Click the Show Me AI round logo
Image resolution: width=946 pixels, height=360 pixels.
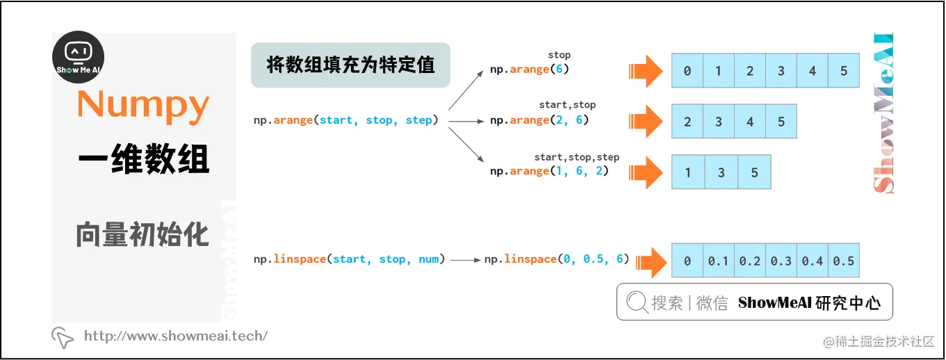79,57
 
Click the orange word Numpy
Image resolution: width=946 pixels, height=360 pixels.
143,105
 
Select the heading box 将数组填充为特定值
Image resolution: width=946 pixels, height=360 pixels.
350,65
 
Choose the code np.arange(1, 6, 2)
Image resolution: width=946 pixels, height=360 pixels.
549,171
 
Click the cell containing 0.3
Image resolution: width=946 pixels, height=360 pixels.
781,261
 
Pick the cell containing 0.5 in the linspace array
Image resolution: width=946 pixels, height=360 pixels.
843,261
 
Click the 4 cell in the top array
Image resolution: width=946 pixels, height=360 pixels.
813,71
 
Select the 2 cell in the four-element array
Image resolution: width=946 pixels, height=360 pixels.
687,122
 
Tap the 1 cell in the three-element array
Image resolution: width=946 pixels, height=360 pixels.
688,172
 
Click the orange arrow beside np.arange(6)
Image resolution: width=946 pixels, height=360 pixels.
646,70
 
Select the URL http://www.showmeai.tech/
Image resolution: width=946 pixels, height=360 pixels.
175,336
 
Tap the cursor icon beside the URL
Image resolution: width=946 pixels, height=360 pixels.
63,337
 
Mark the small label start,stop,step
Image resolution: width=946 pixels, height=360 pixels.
576,157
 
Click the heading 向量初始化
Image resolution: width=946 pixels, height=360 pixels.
142,235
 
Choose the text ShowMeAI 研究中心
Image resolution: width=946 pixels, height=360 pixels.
809,303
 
